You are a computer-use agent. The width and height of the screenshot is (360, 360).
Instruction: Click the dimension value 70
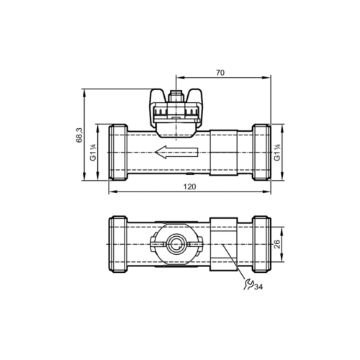(220, 72)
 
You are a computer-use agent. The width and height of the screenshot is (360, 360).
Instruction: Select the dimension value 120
(189, 187)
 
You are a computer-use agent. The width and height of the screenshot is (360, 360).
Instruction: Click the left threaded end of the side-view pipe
(117, 153)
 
